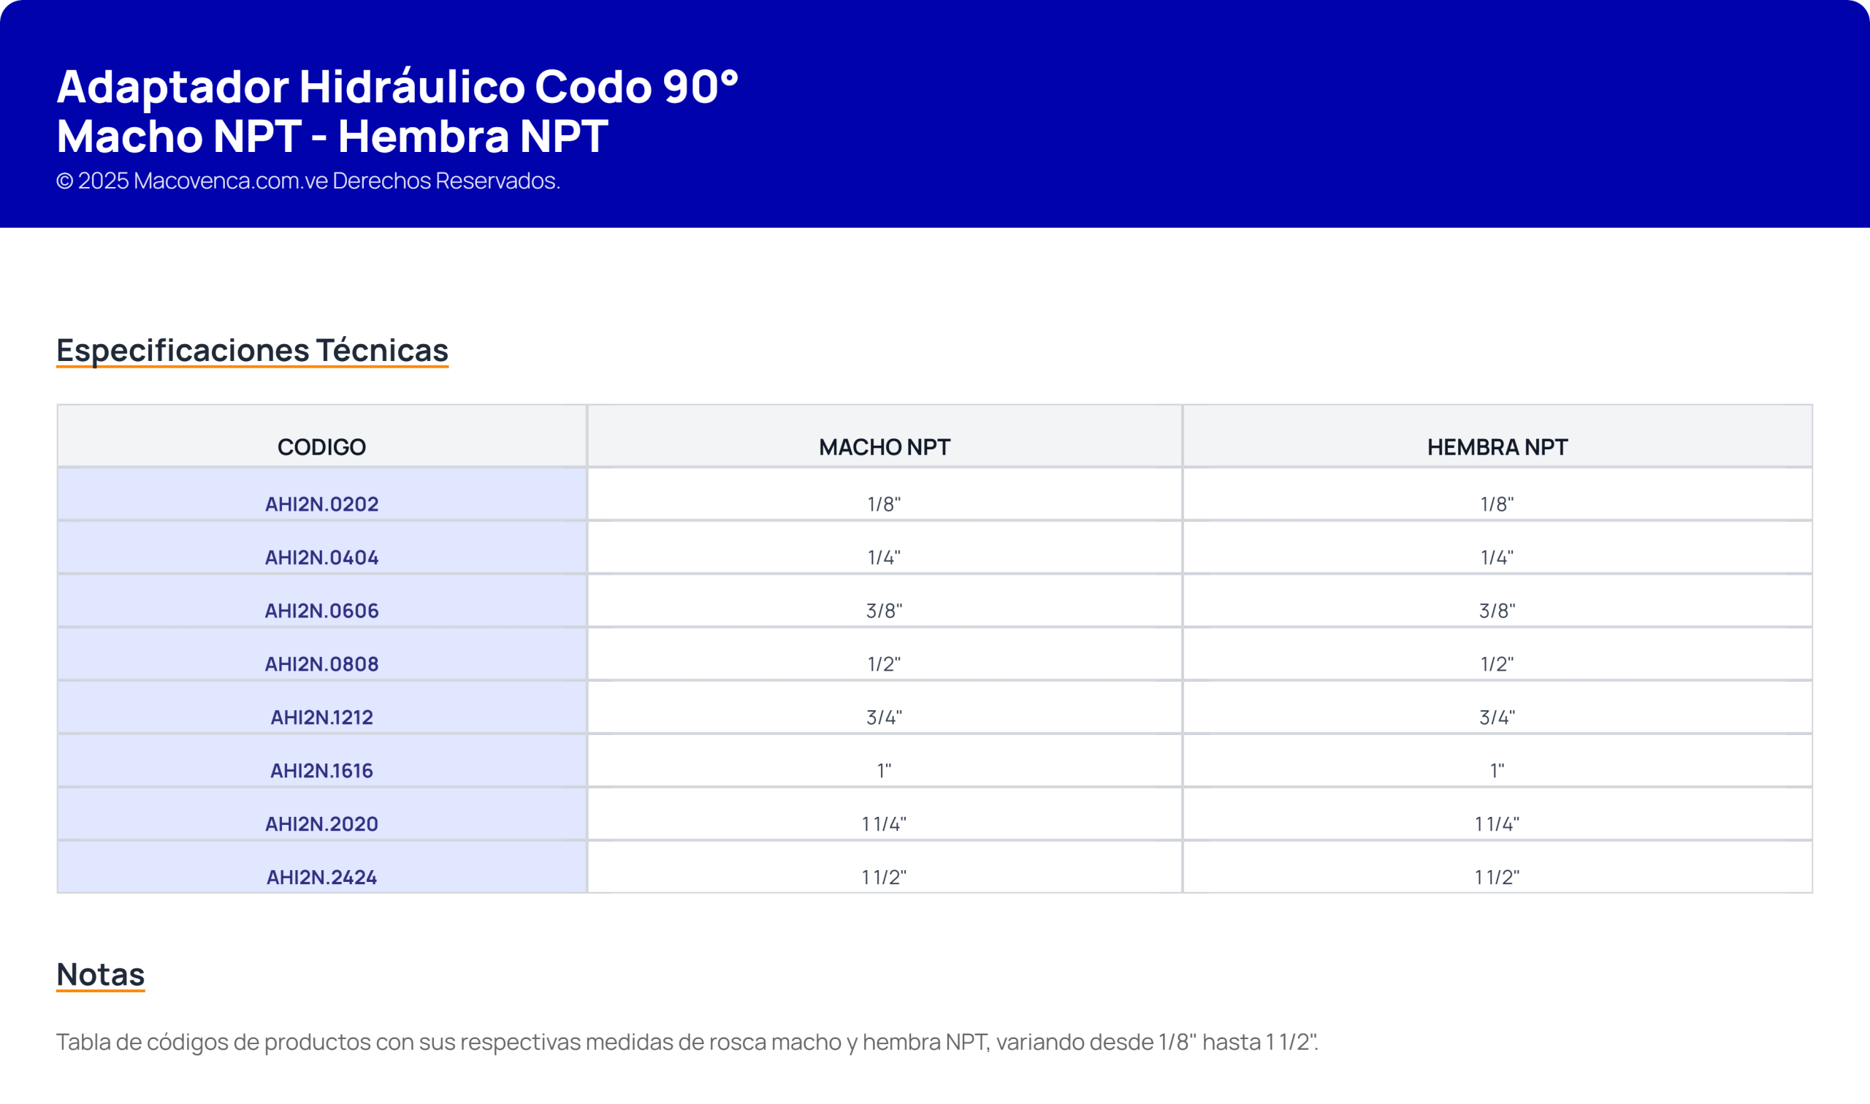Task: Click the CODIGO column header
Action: coord(321,447)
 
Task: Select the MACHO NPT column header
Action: coord(884,447)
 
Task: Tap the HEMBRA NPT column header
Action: coord(1497,447)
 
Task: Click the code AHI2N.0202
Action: coord(321,504)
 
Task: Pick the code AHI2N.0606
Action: coord(321,611)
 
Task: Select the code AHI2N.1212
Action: coord(321,717)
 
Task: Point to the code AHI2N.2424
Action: coord(321,878)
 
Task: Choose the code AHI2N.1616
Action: coord(321,771)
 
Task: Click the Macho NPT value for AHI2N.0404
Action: coord(884,557)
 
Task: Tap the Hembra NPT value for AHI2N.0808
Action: coord(1497,663)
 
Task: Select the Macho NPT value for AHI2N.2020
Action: coord(884,824)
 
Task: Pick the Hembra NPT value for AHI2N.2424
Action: coord(1497,878)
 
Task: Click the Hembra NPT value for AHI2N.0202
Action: coord(1497,504)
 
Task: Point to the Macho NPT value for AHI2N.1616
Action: coord(884,771)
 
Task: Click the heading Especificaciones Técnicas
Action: coord(252,351)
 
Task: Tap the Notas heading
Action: coord(100,975)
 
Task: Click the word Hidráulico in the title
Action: coord(412,86)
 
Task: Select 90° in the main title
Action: coord(701,86)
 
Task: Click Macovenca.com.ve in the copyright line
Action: coord(231,180)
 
